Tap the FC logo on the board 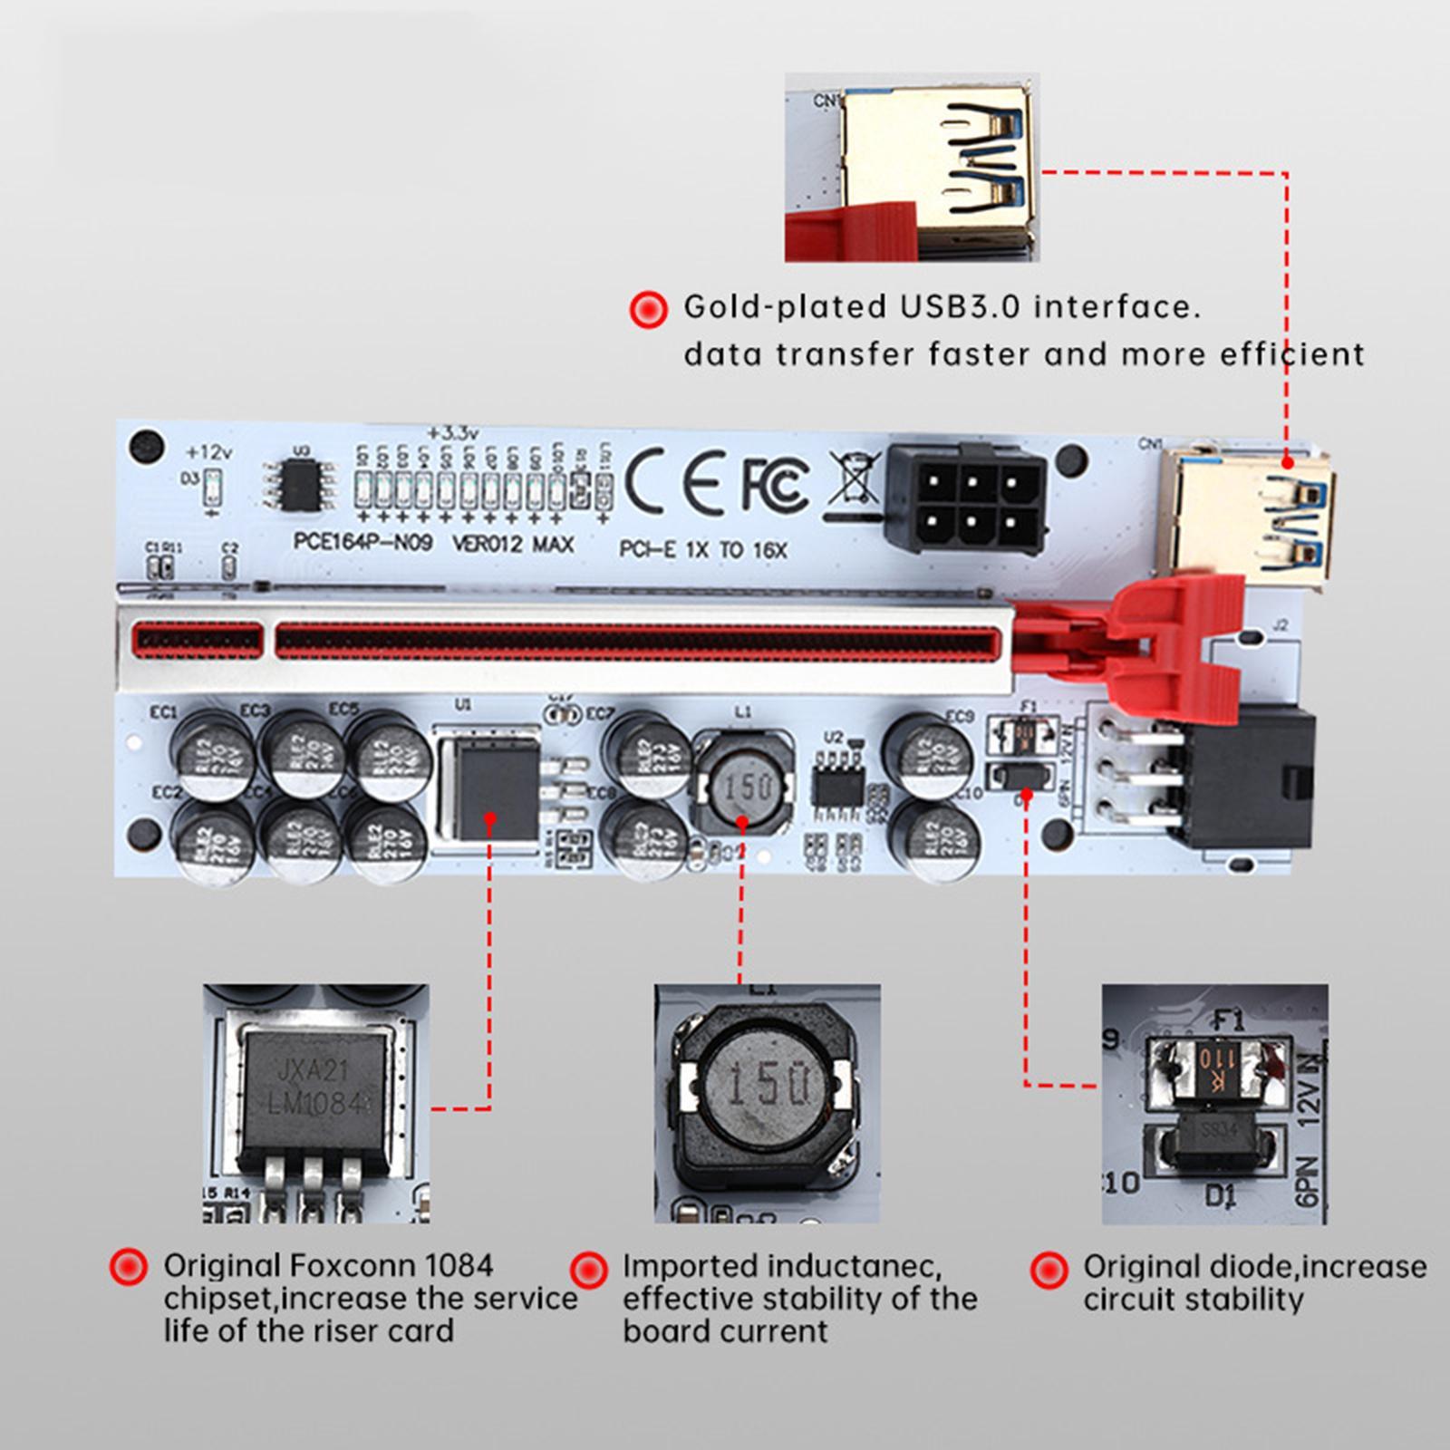tap(775, 483)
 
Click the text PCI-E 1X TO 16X tap(703, 549)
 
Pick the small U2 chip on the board tap(837, 785)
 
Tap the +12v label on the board tap(208, 451)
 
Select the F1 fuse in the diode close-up tap(1216, 1060)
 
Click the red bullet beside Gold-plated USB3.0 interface tap(647, 309)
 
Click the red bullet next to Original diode tap(1049, 1269)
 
